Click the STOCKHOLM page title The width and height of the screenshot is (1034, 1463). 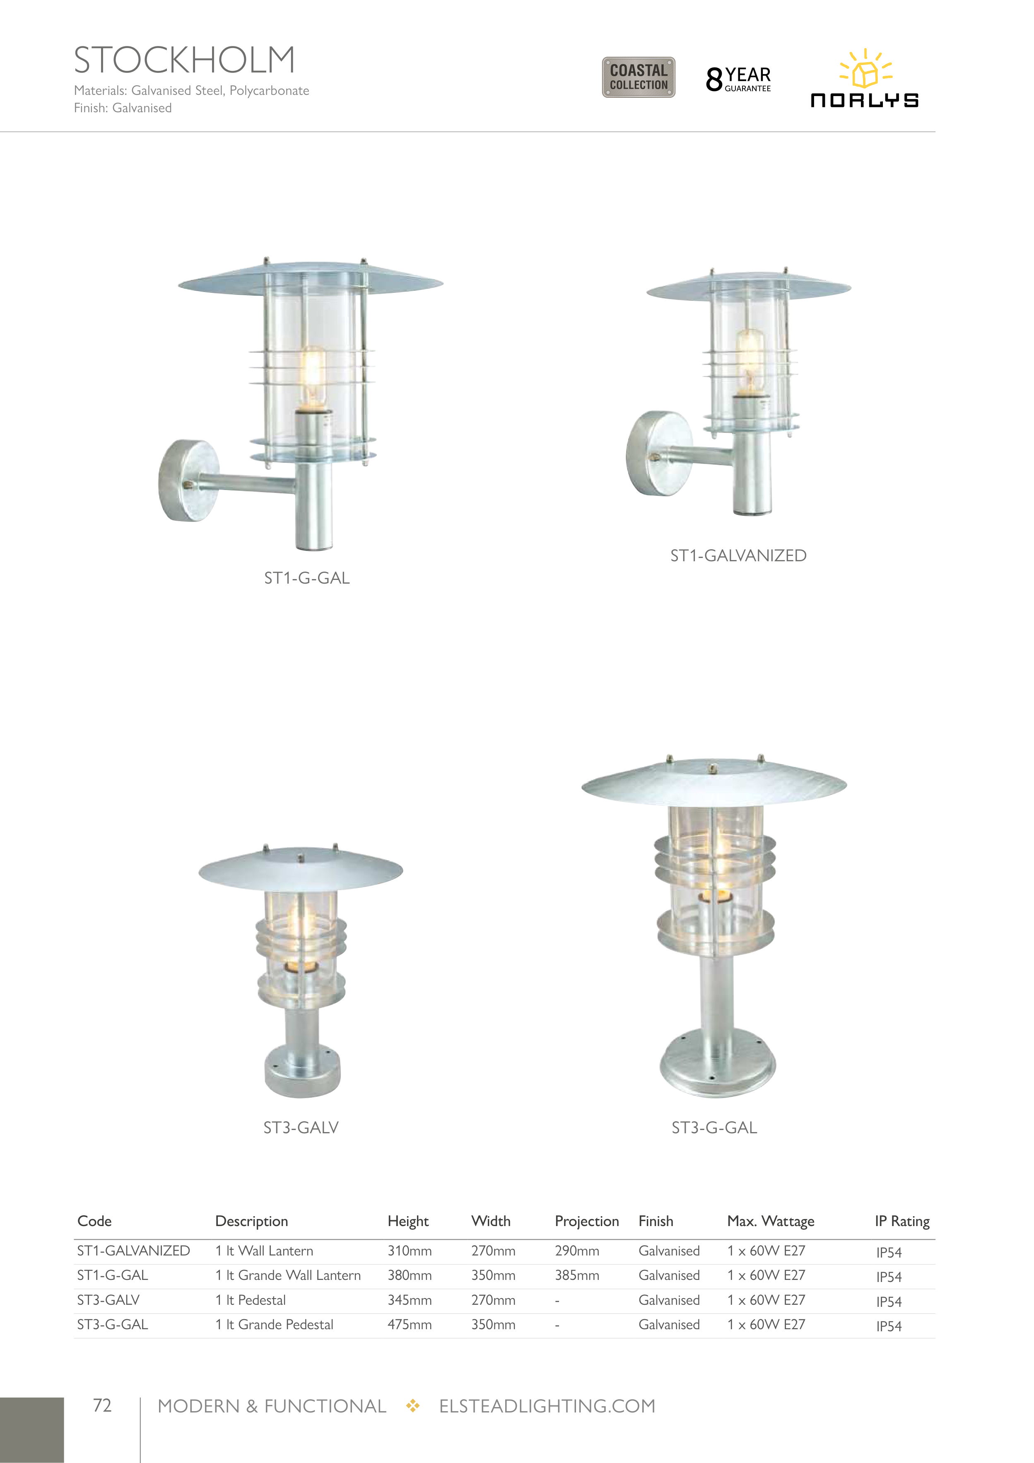[185, 60]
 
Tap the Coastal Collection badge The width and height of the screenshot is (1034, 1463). [639, 77]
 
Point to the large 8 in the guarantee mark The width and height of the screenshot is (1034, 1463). [714, 80]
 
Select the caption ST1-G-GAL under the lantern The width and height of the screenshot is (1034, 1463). [307, 578]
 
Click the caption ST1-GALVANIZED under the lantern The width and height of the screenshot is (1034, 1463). [738, 555]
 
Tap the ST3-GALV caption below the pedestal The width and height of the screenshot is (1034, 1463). [301, 1128]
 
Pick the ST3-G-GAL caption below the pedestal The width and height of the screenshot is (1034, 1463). [714, 1128]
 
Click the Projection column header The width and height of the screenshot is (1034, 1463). [587, 1222]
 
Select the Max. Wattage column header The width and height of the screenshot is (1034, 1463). [771, 1222]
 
